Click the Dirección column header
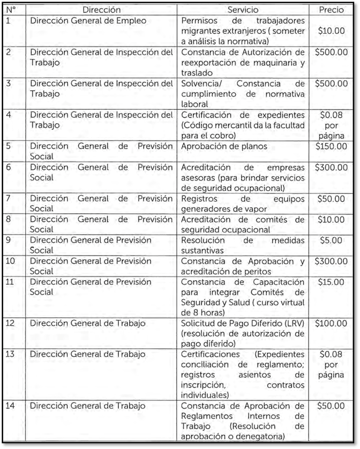click(x=102, y=10)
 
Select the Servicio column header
click(x=242, y=10)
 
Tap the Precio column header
click(x=331, y=10)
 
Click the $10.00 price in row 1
click(x=331, y=31)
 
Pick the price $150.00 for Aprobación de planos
click(x=331, y=146)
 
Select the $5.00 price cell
click(x=331, y=240)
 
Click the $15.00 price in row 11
click(x=331, y=282)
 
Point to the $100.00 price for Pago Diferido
click(x=331, y=324)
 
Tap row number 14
click(x=10, y=406)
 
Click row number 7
click(x=7, y=199)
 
